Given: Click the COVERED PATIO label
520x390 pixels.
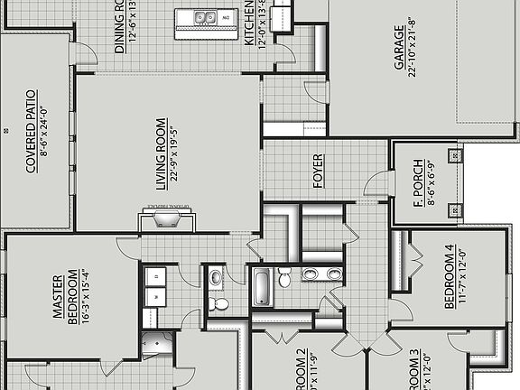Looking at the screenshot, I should (x=31, y=131).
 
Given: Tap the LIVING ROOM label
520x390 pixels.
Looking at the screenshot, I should (x=161, y=153).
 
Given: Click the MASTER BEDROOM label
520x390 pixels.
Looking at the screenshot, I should (x=64, y=298).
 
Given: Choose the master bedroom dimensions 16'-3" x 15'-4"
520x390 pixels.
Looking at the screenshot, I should (x=83, y=298).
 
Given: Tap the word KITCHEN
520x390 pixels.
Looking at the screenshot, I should (x=250, y=24).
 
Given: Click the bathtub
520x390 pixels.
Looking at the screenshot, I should (x=262, y=287).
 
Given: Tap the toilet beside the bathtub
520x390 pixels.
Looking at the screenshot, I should (x=284, y=278).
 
